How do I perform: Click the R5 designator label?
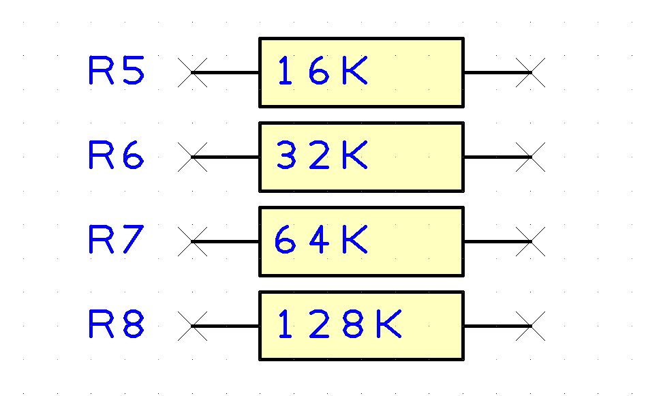click(117, 70)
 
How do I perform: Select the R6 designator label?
click(117, 155)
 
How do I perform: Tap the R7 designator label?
click(117, 239)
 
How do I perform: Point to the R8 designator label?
click(117, 324)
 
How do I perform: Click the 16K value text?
click(322, 70)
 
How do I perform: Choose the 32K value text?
click(322, 155)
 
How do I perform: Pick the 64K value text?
click(321, 239)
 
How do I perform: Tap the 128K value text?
click(340, 324)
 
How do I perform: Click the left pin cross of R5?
click(192, 72)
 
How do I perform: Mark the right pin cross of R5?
click(530, 72)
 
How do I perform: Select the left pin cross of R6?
click(192, 157)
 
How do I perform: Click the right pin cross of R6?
click(530, 157)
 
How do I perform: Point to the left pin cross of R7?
click(192, 242)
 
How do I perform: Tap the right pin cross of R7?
click(530, 242)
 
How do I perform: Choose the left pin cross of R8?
click(192, 326)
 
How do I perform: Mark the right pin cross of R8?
click(530, 326)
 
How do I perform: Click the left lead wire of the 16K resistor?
click(226, 72)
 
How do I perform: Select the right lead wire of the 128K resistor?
click(497, 326)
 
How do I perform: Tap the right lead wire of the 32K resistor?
click(497, 157)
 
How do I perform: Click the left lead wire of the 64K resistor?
click(226, 242)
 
